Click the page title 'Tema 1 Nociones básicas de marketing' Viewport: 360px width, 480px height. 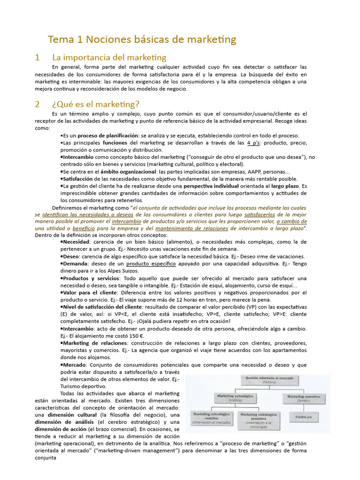(x=142, y=39)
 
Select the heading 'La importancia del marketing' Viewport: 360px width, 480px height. (x=109, y=58)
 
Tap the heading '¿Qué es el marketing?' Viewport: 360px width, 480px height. (x=96, y=104)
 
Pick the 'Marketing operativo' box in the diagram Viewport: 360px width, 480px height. (x=304, y=398)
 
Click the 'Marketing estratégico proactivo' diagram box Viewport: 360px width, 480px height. (x=258, y=420)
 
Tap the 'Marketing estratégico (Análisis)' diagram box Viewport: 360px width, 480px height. (x=235, y=398)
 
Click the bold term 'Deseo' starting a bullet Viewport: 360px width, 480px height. (x=71, y=256)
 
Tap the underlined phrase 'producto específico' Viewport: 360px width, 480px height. (x=151, y=264)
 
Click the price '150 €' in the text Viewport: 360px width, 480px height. (x=136, y=336)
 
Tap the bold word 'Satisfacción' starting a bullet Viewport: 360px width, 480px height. (x=77, y=179)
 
